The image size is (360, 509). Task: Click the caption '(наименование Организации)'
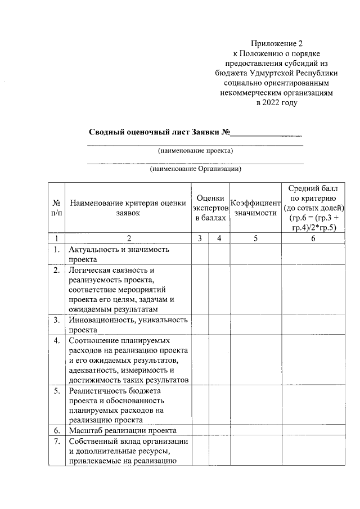pos(195,168)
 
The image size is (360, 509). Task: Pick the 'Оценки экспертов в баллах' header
pos(210,207)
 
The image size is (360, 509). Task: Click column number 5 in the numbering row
pos(255,238)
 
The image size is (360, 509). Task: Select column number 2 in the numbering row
pos(128,238)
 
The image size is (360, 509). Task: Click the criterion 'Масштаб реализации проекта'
pos(122,431)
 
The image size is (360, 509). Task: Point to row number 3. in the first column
pos(57,321)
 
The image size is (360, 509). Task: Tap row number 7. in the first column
pos(57,442)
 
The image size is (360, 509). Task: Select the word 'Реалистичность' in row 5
pos(99,391)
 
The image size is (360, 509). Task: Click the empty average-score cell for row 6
pos(312,431)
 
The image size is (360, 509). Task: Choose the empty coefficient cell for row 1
pos(255,254)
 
